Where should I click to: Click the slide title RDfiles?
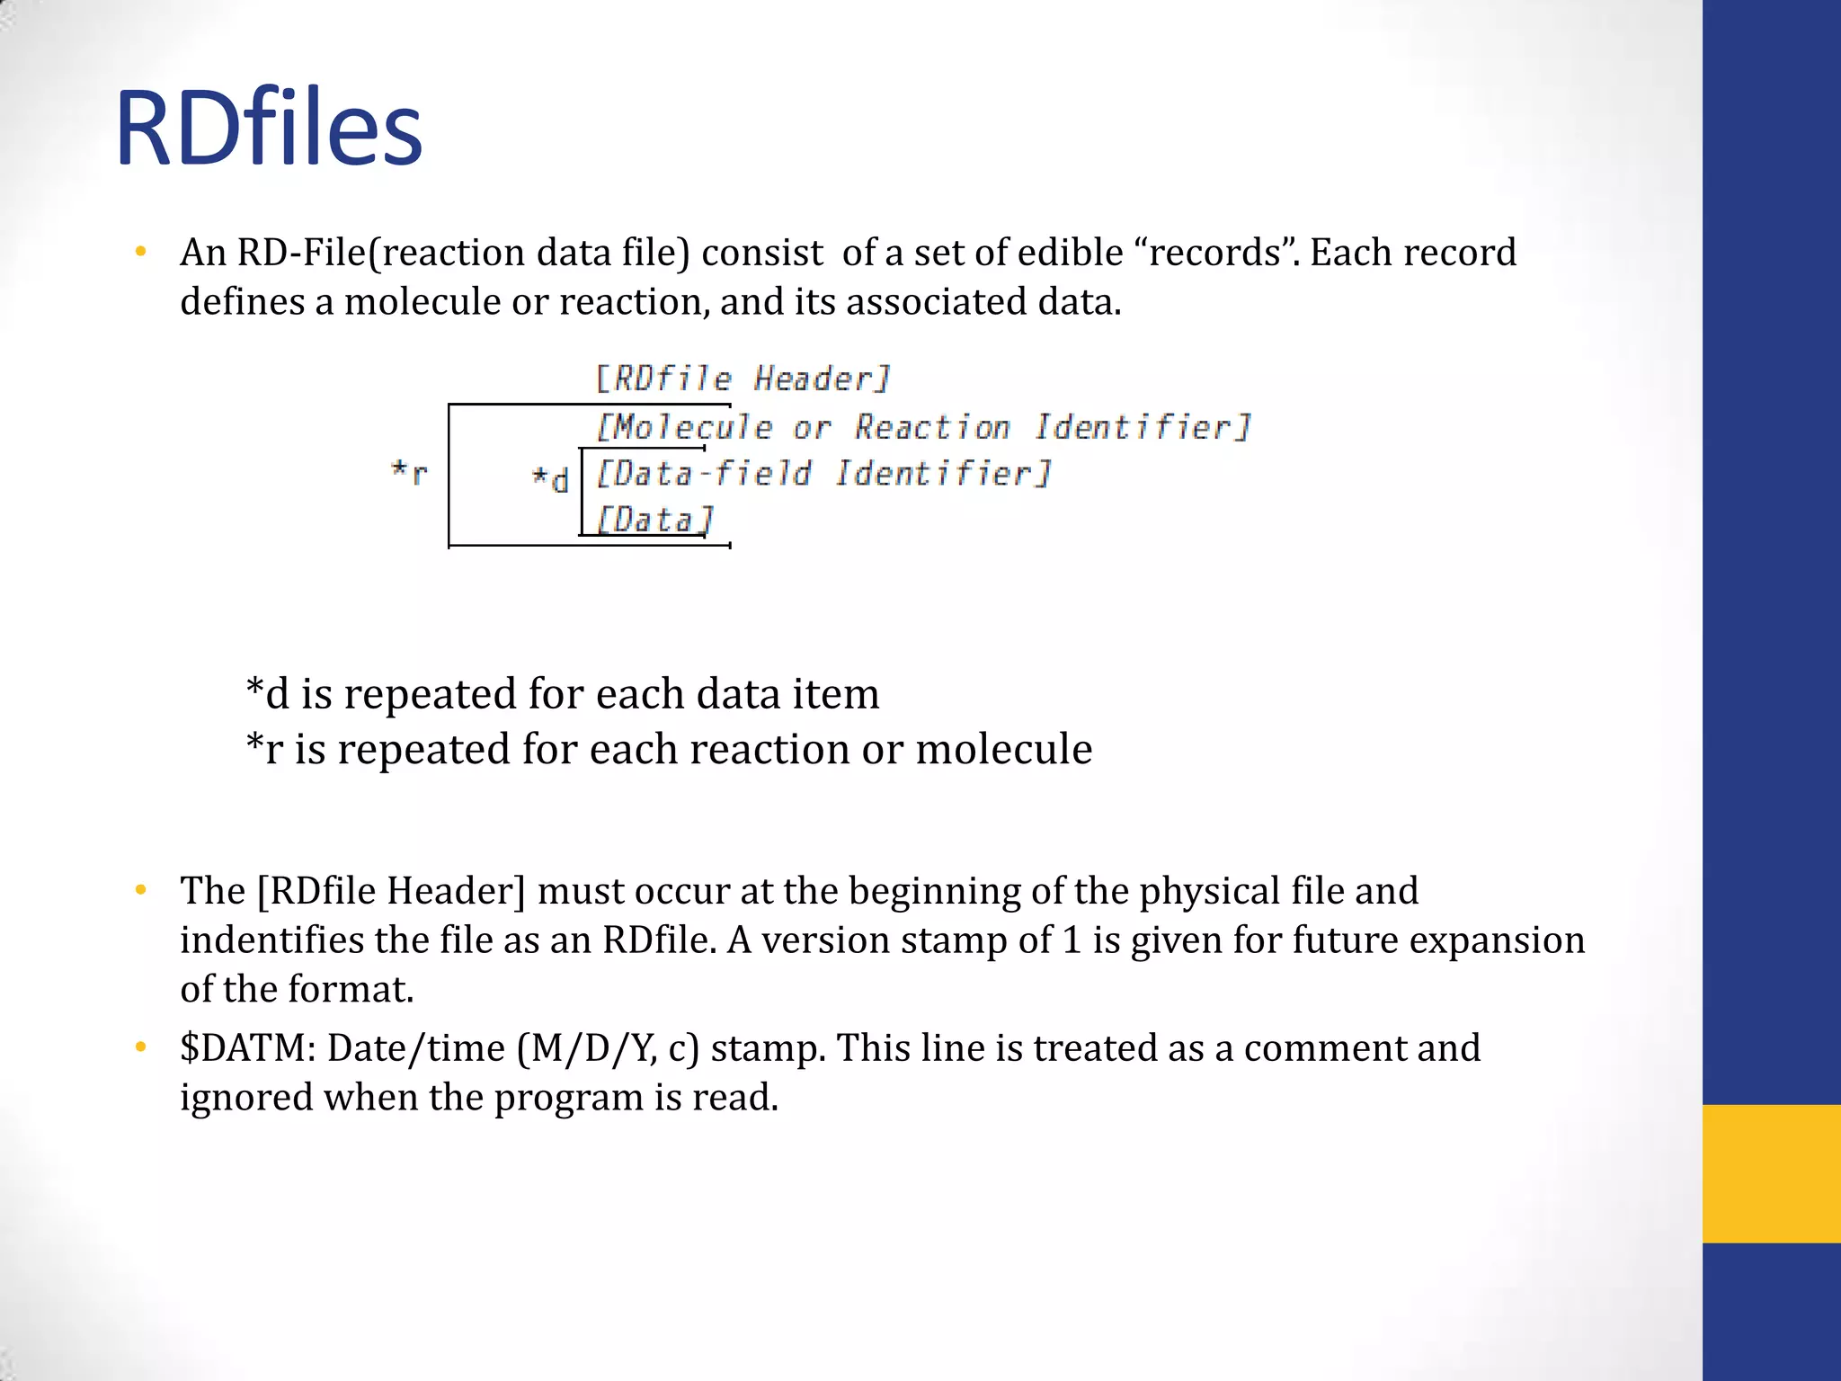tap(268, 129)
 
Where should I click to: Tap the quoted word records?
tap(1214, 253)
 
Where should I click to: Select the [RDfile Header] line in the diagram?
tap(743, 379)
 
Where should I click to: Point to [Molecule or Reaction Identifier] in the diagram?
tap(923, 426)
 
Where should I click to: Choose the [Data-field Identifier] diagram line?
tap(823, 473)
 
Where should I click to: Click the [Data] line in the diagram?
tap(654, 520)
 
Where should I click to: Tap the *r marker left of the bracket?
tap(409, 471)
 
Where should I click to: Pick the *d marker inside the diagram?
tap(550, 478)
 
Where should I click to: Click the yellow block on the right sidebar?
tap(1771, 1173)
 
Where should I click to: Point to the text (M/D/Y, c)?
tap(608, 1048)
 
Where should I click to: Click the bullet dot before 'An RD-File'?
tap(140, 253)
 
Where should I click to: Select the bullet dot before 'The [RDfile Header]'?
tap(140, 891)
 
